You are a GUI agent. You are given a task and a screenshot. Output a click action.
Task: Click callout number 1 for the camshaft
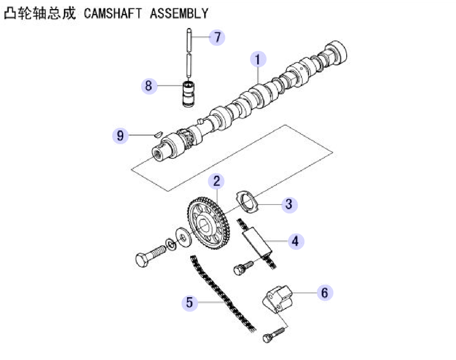pyautogui.click(x=258, y=59)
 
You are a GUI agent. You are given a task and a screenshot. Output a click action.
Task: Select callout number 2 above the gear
pyautogui.click(x=216, y=181)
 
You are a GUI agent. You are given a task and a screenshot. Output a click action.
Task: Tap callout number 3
pyautogui.click(x=289, y=204)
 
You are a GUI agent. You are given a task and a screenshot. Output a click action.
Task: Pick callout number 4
pyautogui.click(x=296, y=241)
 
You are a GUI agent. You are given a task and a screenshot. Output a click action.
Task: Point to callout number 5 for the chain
pyautogui.click(x=190, y=303)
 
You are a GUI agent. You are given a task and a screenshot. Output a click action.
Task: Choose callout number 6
pyautogui.click(x=325, y=293)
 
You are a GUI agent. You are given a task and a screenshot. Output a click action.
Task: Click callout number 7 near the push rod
pyautogui.click(x=217, y=37)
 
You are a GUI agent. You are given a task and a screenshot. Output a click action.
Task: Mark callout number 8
pyautogui.click(x=149, y=86)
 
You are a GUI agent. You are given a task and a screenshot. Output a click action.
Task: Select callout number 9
pyautogui.click(x=120, y=135)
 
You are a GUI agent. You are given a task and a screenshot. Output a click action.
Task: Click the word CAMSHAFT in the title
pyautogui.click(x=113, y=13)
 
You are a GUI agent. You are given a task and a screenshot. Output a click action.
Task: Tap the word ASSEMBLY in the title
pyautogui.click(x=179, y=13)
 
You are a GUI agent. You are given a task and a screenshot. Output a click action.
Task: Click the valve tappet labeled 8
pyautogui.click(x=188, y=94)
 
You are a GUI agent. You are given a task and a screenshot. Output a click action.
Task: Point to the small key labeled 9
pyautogui.click(x=158, y=134)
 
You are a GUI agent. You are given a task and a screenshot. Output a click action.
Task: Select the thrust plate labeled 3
pyautogui.click(x=247, y=202)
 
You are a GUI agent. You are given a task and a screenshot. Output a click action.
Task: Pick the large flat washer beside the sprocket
pyautogui.click(x=184, y=237)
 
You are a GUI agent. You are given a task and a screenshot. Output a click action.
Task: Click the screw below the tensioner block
pyautogui.click(x=273, y=335)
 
